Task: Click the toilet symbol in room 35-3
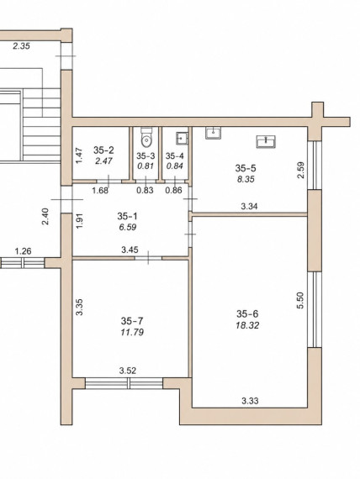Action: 146,137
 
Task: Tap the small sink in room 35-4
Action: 182,138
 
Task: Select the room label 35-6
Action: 247,313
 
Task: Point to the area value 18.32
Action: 247,325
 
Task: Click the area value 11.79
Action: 132,332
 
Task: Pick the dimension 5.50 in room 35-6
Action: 300,301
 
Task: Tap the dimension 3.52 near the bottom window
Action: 128,371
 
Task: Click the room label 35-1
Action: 128,216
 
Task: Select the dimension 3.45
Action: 130,250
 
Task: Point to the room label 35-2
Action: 103,150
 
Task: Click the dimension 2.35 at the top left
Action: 21,46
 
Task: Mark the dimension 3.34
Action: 249,207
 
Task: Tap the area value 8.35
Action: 246,179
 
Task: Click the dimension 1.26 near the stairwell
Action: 23,251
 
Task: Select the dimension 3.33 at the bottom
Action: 250,401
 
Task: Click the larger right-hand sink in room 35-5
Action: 266,141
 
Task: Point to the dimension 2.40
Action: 45,216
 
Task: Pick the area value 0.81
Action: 146,166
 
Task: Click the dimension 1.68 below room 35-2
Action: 100,190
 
